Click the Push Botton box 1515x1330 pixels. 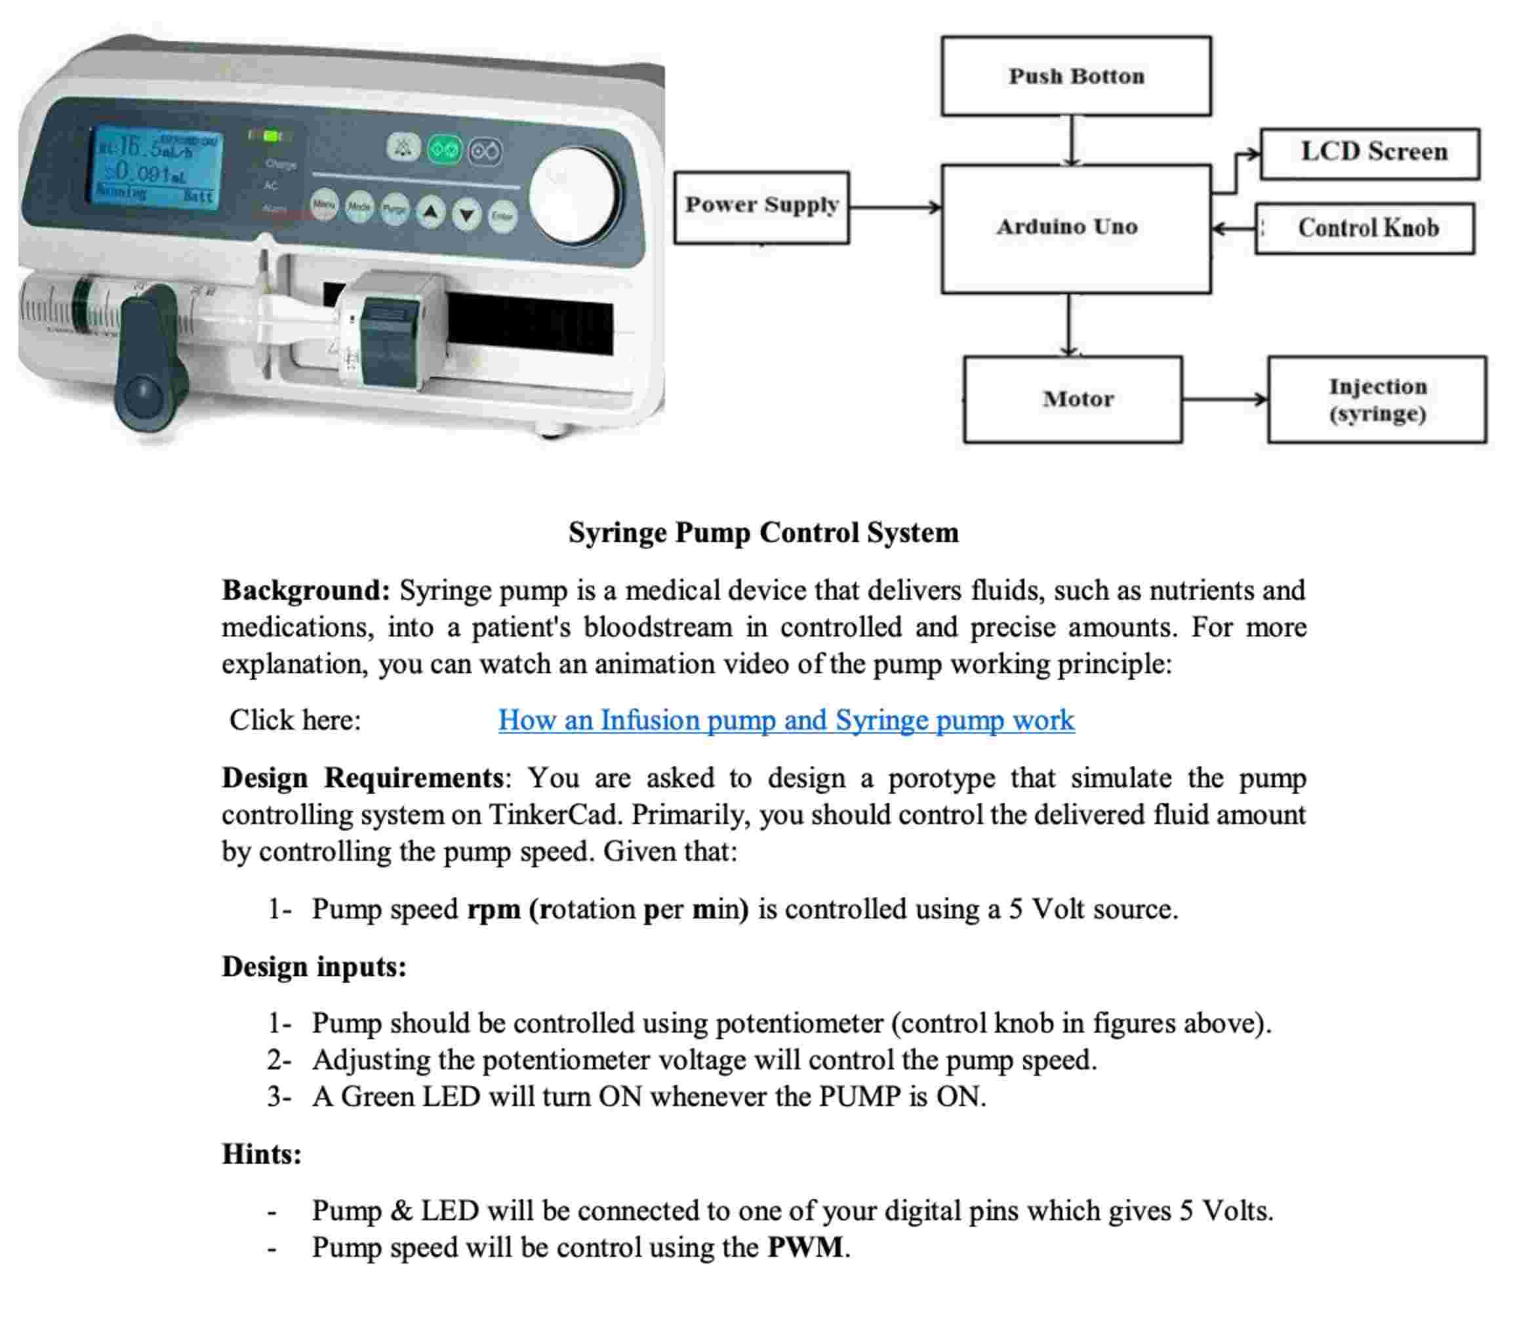1076,76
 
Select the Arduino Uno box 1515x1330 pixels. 1076,228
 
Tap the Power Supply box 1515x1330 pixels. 761,208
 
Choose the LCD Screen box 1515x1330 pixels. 1369,153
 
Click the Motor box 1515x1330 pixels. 1072,399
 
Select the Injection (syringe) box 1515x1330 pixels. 1377,399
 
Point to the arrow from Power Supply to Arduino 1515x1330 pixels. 895,208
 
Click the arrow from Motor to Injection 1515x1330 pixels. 1224,399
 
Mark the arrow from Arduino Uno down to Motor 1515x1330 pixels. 1068,325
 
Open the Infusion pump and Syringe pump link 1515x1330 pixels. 786,720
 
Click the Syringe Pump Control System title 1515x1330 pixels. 763,533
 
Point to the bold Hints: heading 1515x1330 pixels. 262,1154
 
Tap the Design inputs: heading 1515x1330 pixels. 314,966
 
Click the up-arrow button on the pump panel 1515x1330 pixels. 431,212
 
